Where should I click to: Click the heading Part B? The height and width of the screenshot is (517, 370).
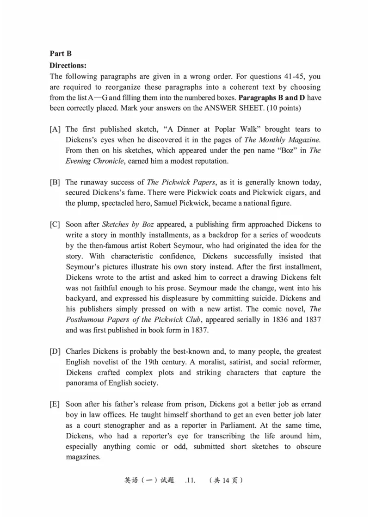[x=61, y=54]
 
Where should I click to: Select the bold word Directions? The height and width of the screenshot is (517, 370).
[x=68, y=65]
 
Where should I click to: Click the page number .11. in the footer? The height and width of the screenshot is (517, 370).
[x=190, y=481]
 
